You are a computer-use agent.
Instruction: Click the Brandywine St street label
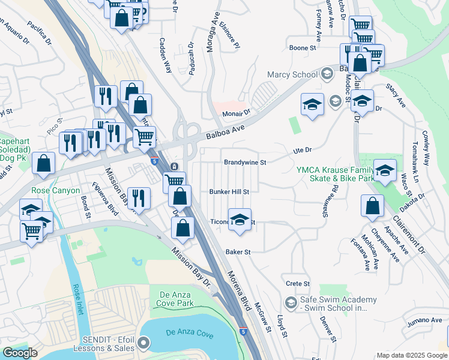click(244, 162)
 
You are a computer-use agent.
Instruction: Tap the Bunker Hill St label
click(229, 191)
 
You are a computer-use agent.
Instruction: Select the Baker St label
click(238, 252)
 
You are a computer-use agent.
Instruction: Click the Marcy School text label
click(292, 75)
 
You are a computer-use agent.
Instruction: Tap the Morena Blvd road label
click(238, 290)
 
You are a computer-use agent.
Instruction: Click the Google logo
click(20, 352)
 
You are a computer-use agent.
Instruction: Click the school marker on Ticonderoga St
click(240, 219)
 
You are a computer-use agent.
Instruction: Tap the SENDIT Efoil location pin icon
click(143, 343)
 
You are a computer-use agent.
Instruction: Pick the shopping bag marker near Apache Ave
click(372, 206)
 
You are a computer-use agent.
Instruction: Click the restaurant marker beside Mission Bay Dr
click(139, 197)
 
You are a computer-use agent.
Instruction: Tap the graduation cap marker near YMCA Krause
click(385, 170)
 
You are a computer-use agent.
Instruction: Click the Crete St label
click(297, 283)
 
